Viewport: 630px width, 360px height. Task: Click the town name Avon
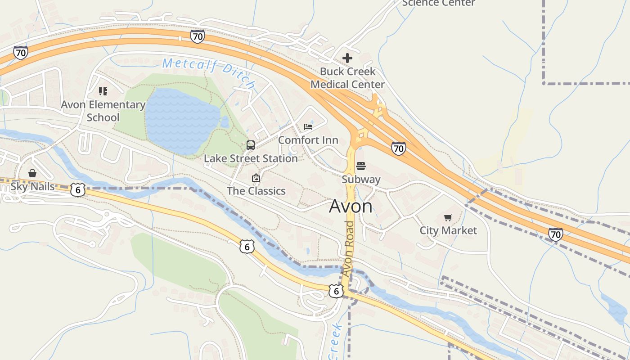click(x=351, y=206)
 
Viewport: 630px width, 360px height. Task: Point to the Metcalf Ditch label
click(x=209, y=72)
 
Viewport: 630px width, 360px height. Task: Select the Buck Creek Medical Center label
click(x=347, y=78)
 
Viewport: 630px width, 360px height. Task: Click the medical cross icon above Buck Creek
click(x=347, y=58)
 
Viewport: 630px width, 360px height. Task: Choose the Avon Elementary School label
click(x=103, y=111)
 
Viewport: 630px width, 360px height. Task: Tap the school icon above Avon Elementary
click(x=103, y=91)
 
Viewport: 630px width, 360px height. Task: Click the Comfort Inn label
click(x=308, y=140)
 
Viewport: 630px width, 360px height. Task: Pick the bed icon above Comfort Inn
click(x=308, y=127)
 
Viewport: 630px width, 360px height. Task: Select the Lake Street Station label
click(x=251, y=158)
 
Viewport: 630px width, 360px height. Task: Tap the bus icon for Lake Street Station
click(x=251, y=145)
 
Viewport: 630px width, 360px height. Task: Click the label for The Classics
click(x=256, y=191)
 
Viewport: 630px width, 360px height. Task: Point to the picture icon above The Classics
click(x=256, y=178)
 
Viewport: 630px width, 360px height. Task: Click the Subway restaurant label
click(x=361, y=179)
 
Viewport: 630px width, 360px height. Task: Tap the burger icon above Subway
click(x=361, y=166)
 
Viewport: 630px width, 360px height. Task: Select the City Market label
click(x=448, y=230)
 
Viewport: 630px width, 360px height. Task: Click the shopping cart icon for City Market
click(x=448, y=218)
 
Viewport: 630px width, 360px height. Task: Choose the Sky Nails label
click(x=32, y=186)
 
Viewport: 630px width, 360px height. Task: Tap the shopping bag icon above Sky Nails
click(x=32, y=173)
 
